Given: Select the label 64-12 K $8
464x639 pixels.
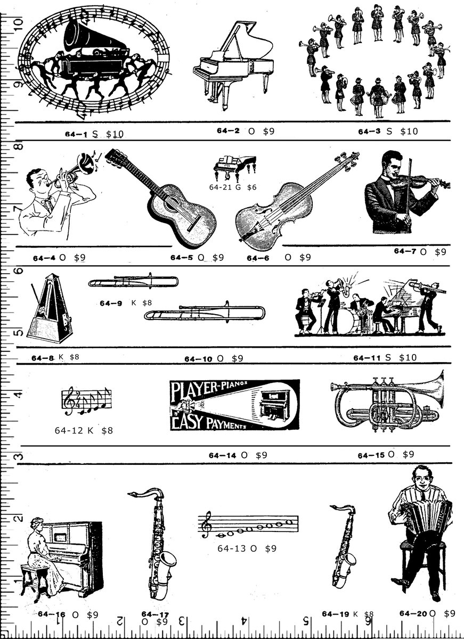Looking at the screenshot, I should click(x=84, y=430).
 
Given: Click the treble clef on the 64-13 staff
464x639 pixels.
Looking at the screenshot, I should click(x=206, y=525).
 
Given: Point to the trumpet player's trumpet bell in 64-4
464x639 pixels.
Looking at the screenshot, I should click(x=85, y=163).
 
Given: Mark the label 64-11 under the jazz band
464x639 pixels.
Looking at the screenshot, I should click(x=365, y=358).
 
